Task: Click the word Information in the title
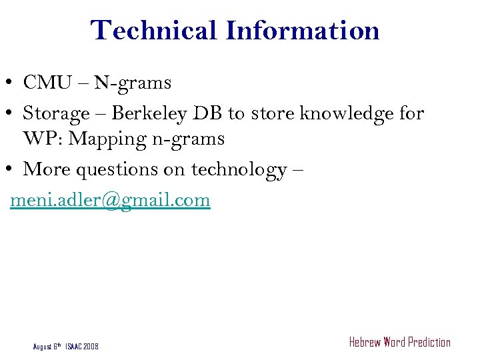click(x=303, y=31)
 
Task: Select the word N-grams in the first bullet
click(x=133, y=83)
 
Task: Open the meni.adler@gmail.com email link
click(x=110, y=200)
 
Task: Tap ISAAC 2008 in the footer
click(x=82, y=347)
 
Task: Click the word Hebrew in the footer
click(x=365, y=343)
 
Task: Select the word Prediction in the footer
click(x=429, y=343)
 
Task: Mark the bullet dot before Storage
click(x=13, y=115)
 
